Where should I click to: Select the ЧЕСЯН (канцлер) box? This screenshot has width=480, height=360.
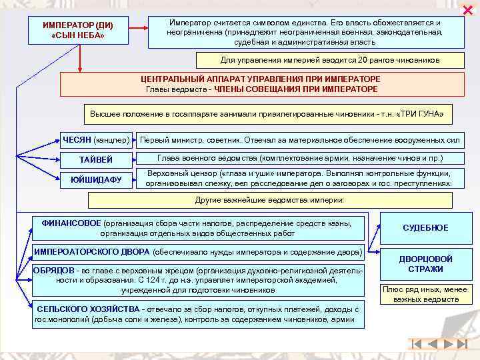pyautogui.click(x=96, y=140)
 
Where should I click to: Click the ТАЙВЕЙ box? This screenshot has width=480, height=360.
pyautogui.click(x=96, y=160)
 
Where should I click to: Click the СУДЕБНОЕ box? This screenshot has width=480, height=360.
pyautogui.click(x=425, y=228)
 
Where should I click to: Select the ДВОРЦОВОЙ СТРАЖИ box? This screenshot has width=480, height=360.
pyautogui.click(x=425, y=264)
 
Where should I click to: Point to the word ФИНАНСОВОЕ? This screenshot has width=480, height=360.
pyautogui.click(x=71, y=223)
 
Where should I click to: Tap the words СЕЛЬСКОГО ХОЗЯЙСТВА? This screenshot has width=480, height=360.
pyautogui.click(x=87, y=309)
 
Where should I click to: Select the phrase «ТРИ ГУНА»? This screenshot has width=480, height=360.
pyautogui.click(x=419, y=114)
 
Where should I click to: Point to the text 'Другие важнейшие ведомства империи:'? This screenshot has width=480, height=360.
pyautogui.click(x=270, y=200)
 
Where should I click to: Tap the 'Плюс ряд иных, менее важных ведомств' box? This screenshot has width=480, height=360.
pyautogui.click(x=425, y=294)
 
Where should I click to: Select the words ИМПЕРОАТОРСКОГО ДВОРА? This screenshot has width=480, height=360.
pyautogui.click(x=91, y=253)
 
